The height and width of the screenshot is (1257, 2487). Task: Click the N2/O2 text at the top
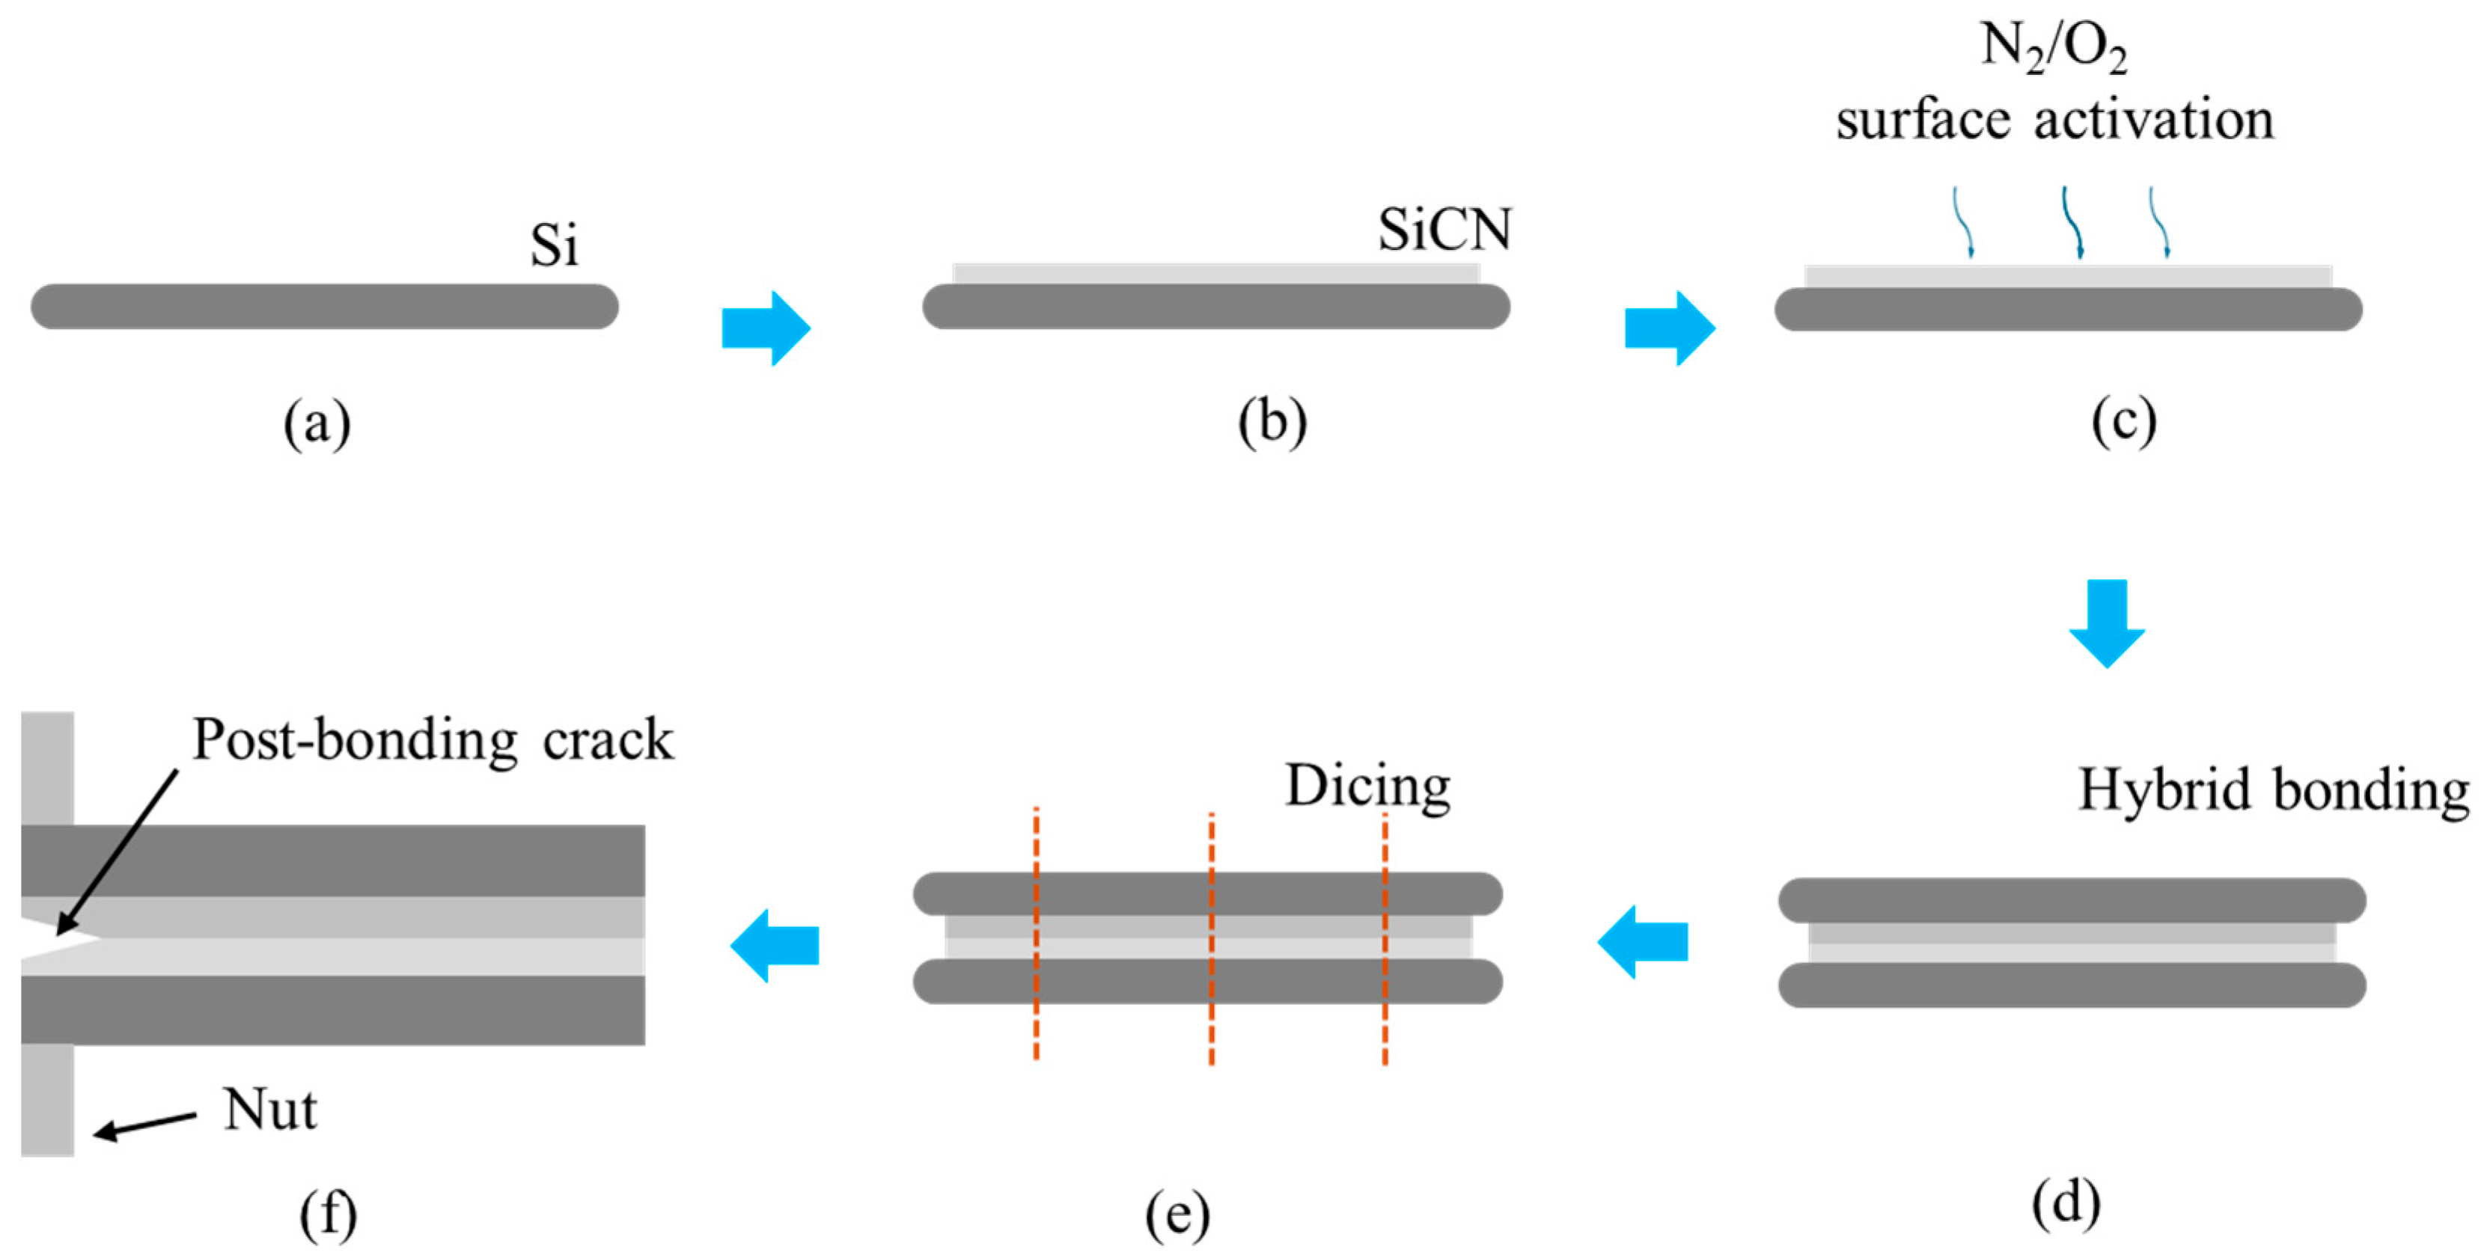coord(2053,46)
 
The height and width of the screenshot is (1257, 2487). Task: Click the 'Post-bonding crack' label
coord(433,741)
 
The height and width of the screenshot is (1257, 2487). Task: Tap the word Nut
coord(269,1110)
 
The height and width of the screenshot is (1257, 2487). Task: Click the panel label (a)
coord(317,423)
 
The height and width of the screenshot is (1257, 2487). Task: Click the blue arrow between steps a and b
coord(766,328)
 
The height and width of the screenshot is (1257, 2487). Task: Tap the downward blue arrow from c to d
coord(2107,623)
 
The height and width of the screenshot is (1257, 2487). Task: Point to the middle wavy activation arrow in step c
coord(2071,222)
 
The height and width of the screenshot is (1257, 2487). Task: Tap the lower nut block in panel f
coord(47,1100)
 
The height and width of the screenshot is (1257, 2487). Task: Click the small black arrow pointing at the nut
coord(144,1125)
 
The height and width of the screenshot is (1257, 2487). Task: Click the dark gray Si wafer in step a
coord(324,306)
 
